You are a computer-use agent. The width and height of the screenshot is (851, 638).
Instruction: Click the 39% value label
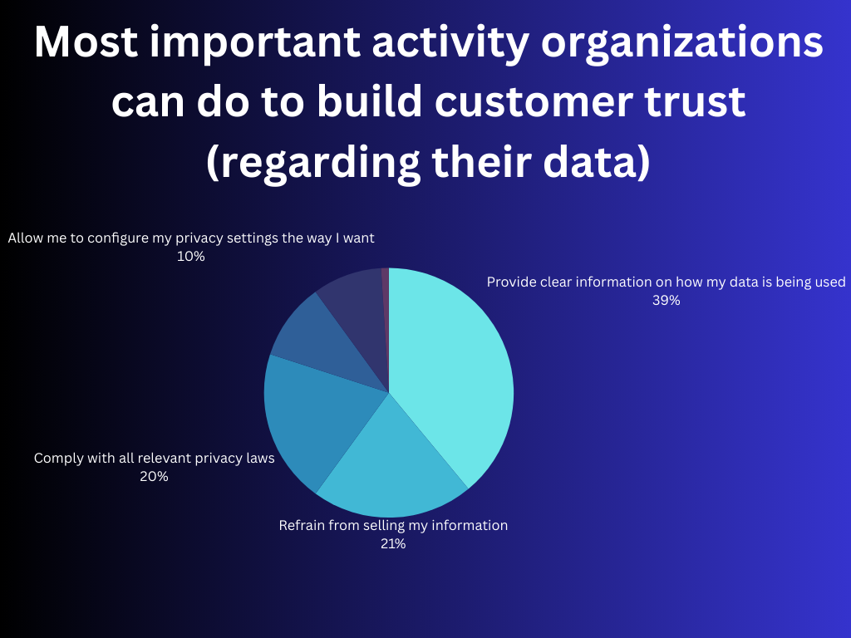pyautogui.click(x=666, y=301)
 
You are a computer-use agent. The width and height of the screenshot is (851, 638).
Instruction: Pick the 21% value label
pyautogui.click(x=392, y=544)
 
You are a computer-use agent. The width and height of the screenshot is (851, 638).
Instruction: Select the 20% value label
pyautogui.click(x=154, y=476)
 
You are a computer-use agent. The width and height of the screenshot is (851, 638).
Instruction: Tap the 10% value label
pyautogui.click(x=190, y=257)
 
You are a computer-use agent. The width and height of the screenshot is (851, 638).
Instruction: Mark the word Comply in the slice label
pyautogui.click(x=58, y=458)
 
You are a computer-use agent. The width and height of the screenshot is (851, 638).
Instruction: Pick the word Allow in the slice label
pyautogui.click(x=25, y=238)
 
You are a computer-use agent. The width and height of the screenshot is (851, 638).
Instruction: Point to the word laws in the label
pyautogui.click(x=259, y=458)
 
